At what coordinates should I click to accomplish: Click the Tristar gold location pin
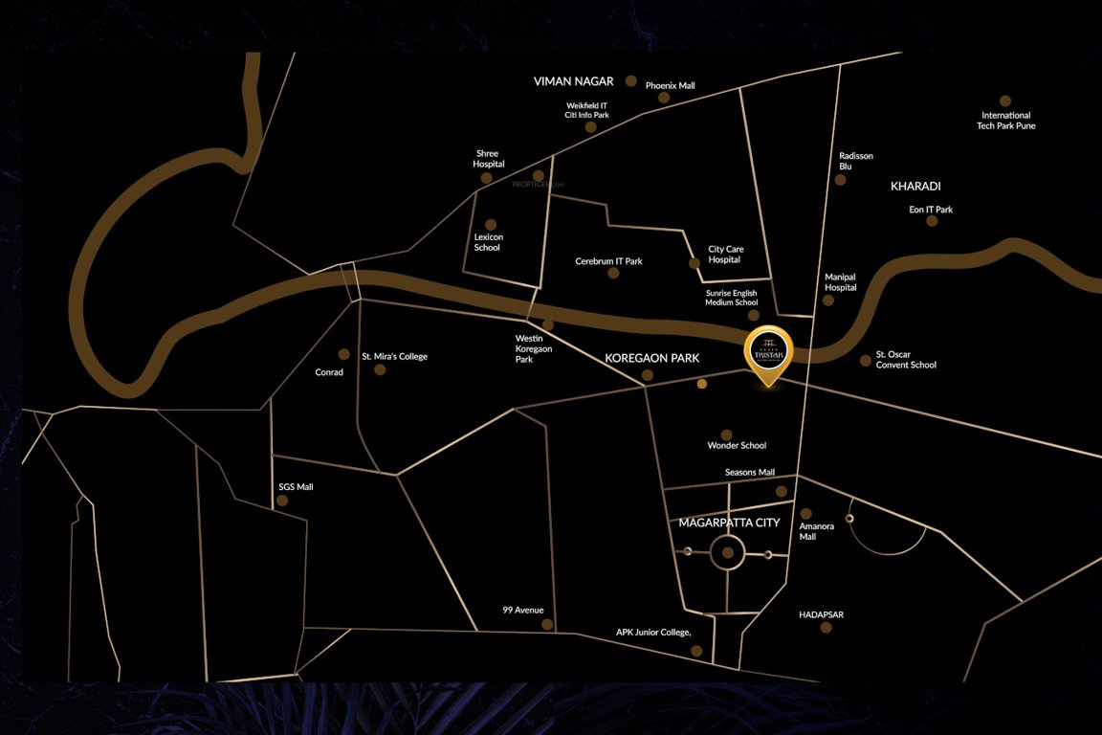coord(768,355)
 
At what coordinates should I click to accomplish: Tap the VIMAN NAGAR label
coord(573,82)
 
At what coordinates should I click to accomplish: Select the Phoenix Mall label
coord(670,85)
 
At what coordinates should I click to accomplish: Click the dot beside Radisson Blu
coord(840,179)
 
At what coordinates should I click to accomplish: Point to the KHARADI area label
coord(915,186)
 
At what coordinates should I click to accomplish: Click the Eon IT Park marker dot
coord(932,221)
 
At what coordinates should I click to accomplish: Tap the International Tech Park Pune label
coord(1005,121)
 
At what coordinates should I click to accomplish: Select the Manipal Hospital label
coord(840,282)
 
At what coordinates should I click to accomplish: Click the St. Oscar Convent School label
coord(906,360)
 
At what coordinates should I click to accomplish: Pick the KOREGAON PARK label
coord(652,358)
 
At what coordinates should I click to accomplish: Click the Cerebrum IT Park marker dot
coord(613,273)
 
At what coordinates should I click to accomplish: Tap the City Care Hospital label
coord(725,255)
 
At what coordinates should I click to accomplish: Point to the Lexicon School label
coord(487,242)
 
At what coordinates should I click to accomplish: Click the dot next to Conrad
coord(344,354)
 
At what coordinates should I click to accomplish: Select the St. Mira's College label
coord(394,357)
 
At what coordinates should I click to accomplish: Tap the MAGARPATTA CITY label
coord(729,523)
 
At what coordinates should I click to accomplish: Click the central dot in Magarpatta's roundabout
coord(728,552)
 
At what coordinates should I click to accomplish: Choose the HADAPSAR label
coord(821,615)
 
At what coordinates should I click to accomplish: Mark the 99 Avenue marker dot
coord(547,625)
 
